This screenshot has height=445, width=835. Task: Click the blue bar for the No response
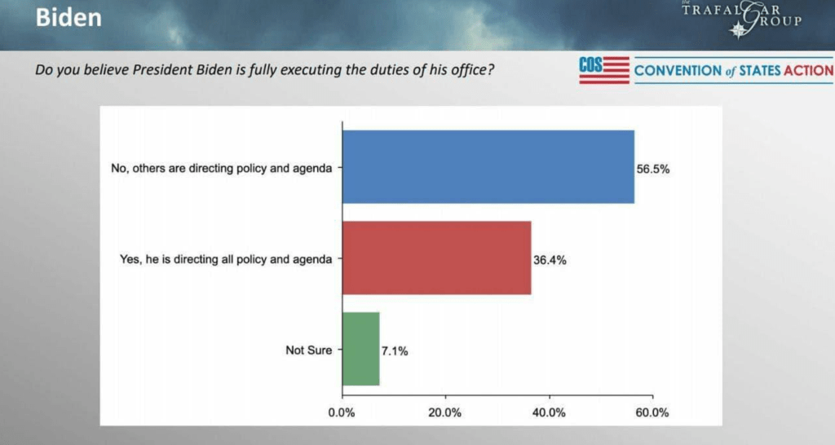pos(488,166)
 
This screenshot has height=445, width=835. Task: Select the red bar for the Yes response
pos(436,258)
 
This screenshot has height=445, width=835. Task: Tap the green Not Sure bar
pos(360,349)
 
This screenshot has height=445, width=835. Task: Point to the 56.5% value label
pos(653,170)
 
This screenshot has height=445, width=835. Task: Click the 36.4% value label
pos(550,261)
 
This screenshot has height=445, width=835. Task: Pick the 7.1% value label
pos(394,352)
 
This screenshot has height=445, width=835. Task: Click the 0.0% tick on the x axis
pos(342,412)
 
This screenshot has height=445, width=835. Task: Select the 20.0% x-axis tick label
pos(445,412)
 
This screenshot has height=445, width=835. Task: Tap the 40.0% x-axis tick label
pos(549,412)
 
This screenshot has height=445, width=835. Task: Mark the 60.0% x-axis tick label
pos(652,412)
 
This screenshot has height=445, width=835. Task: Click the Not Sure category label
pos(308,350)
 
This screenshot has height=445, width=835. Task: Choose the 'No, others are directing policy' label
pos(222,169)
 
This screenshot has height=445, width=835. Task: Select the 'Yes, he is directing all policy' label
pos(226,260)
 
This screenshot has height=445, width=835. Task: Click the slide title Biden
pos(68,17)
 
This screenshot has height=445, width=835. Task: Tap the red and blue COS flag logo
pos(604,70)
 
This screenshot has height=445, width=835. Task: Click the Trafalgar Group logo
pos(741,19)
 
